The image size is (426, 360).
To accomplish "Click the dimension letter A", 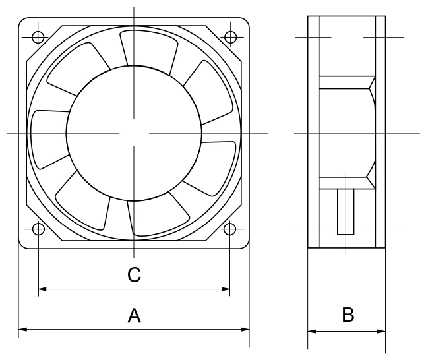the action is pos(135,315).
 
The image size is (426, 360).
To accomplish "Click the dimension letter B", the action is pos(348,315).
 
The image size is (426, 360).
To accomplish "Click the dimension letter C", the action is pos(135,274).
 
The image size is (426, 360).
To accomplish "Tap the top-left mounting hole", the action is pos(38,37).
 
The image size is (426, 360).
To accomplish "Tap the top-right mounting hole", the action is pos(230,37).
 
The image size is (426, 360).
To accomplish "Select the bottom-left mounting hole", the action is pos(39,229).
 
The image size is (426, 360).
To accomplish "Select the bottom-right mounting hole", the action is pos(230,229).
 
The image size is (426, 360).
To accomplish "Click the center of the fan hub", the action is pos(134,133).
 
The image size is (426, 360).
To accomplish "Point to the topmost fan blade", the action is pos(149,51).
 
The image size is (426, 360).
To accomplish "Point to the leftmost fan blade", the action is pos(49,138).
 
